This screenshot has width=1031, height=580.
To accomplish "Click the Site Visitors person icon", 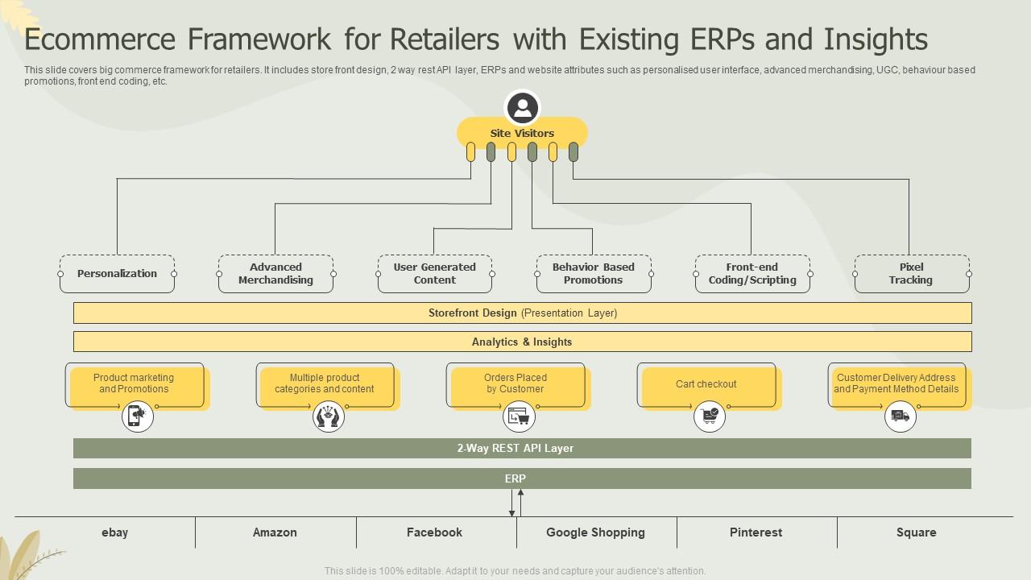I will coord(522,108).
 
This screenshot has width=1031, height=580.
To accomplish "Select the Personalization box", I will coord(117,274).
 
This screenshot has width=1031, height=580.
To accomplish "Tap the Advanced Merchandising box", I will coord(275,274).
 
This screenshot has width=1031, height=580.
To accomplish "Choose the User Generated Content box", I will coord(435,274).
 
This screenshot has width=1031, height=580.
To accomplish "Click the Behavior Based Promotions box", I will coord(594,274).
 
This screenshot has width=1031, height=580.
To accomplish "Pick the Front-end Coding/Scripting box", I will coord(752,274).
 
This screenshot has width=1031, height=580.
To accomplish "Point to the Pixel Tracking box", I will coord(911,274).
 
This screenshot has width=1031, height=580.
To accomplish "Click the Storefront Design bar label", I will coord(522,313).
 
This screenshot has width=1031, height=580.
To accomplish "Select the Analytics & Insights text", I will coord(522,342).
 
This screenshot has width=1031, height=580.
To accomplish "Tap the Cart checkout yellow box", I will coord(706,385).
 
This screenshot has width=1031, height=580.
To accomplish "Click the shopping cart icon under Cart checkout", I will coord(710,416).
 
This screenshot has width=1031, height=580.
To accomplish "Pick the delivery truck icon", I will coord(901,416).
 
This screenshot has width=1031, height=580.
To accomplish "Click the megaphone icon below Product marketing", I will coord(138,416).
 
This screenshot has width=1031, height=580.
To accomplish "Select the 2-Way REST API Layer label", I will coord(515,448).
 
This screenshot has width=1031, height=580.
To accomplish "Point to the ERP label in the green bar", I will coord(515,478).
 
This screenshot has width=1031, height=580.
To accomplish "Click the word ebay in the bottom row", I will coord(114,532).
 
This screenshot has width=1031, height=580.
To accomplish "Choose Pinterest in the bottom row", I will coord(756,532).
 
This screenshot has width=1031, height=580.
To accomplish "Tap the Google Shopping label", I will coord(595,532).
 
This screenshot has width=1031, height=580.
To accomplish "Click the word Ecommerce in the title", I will coord(99,39).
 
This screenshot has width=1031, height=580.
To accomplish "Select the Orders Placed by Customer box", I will coord(515,385).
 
